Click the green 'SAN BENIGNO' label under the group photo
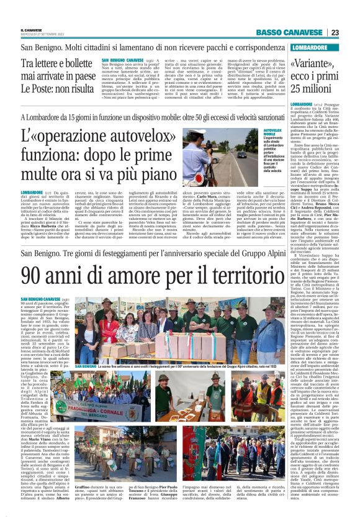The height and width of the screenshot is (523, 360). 86,367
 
